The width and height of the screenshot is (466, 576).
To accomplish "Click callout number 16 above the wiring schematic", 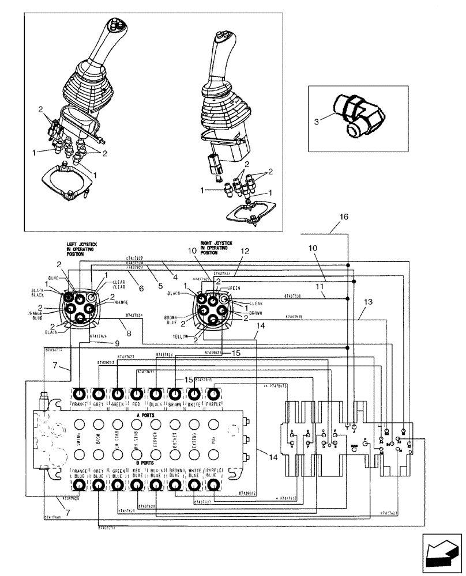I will (344, 218).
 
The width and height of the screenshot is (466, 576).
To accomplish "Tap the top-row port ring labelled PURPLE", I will (213, 393).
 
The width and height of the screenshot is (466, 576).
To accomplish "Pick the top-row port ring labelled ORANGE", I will (79, 393).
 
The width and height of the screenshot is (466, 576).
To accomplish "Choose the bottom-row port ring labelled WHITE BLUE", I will (195, 486).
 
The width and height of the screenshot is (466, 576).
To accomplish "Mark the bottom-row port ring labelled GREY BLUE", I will (99, 486).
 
